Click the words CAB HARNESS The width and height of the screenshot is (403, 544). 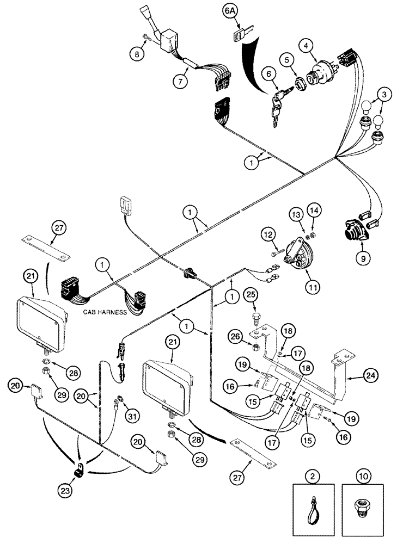(x=105, y=313)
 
